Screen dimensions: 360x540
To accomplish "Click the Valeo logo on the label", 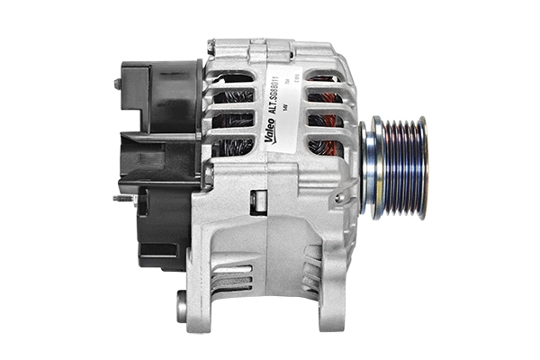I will pos(270,131).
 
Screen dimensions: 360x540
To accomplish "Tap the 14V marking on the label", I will pos(285,105).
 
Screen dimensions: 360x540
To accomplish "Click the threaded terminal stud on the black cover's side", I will pos(123,199).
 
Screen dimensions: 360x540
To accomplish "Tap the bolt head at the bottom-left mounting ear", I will pos(182,306).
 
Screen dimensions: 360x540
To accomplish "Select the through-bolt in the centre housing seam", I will pos(259,200).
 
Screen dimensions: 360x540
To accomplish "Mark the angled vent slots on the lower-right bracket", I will pos(310,270).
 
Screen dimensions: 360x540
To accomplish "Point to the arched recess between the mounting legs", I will pos(270,270).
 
